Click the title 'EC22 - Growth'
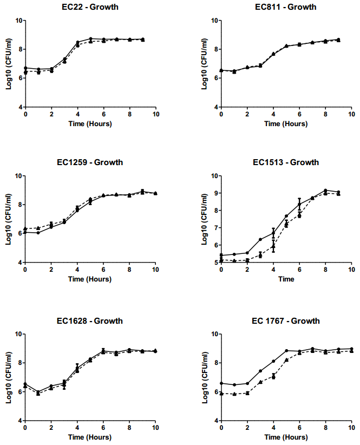click(x=90, y=7)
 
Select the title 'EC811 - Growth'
click(x=286, y=7)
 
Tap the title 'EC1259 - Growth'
click(x=90, y=162)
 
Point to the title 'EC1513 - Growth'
click(x=286, y=162)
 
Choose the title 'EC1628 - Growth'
click(x=90, y=321)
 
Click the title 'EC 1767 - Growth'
click(x=286, y=321)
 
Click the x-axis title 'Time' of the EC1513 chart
click(x=286, y=279)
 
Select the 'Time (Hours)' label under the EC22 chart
click(x=90, y=124)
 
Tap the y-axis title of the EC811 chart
click(x=205, y=63)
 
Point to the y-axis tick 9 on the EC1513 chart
click(x=214, y=193)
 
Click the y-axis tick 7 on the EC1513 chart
click(x=214, y=228)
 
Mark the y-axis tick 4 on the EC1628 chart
click(x=18, y=421)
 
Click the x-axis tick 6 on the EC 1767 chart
click(x=299, y=428)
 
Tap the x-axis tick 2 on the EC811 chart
click(x=247, y=115)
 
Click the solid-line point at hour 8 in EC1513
click(x=325, y=190)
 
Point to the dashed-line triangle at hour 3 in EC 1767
click(x=260, y=382)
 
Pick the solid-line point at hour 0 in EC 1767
click(x=221, y=383)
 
